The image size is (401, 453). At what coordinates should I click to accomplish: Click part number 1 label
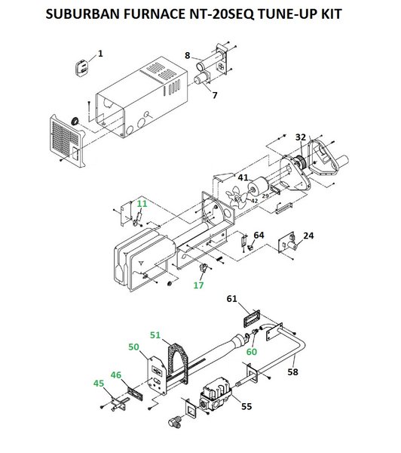tap(100, 54)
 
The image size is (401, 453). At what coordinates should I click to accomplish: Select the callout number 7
tap(214, 95)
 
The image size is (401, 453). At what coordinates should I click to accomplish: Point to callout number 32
tap(301, 137)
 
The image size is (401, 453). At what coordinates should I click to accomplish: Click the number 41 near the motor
tap(243, 177)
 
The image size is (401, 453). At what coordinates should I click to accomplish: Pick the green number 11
tap(142, 204)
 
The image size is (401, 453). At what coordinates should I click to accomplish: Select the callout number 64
tap(259, 236)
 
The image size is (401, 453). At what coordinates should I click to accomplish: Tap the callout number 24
tap(308, 236)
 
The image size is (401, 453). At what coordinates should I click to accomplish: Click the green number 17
tap(199, 285)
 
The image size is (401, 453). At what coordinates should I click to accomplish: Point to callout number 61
tap(233, 300)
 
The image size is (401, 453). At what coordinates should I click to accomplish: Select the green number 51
tap(155, 334)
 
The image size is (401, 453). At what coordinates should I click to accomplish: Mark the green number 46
tap(115, 374)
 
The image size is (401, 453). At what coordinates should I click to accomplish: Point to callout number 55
tap(245, 405)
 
